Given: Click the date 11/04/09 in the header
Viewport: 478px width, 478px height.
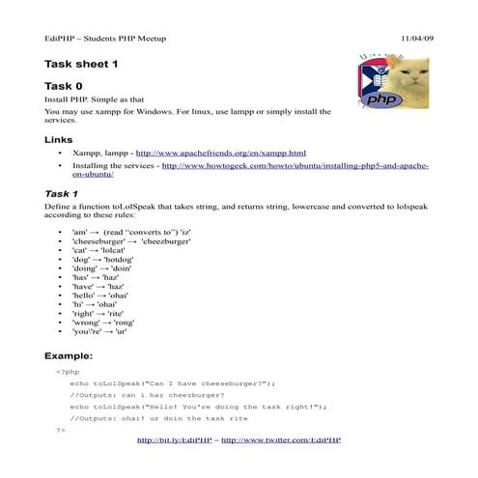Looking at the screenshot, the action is coord(416,38).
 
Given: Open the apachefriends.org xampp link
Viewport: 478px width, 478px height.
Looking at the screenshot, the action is coord(220,154).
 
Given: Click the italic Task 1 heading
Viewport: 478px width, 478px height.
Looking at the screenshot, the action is coord(62,193).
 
